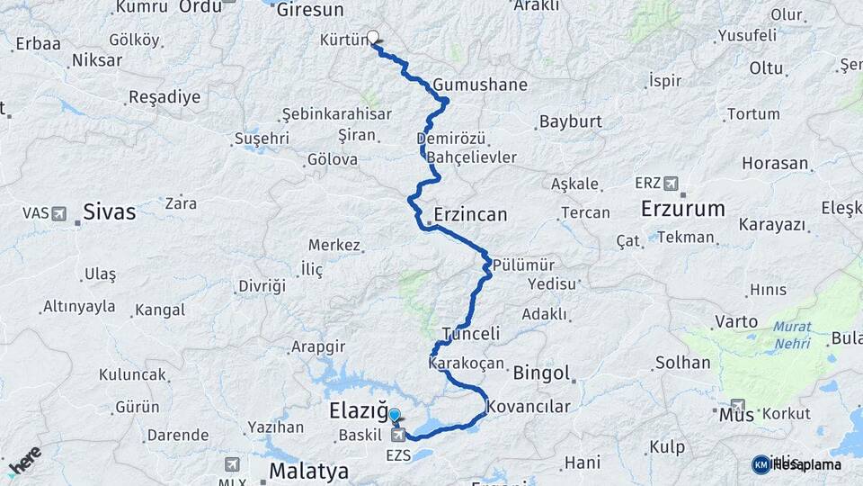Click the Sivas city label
109,211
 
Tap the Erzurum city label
682,209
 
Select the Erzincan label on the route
469,215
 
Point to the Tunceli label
470,334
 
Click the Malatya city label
308,471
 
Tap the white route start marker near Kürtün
372,38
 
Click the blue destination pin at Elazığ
394,415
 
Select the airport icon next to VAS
59,213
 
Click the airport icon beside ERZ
671,183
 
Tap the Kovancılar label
529,407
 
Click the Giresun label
310,11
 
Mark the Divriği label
261,286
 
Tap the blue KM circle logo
761,464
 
